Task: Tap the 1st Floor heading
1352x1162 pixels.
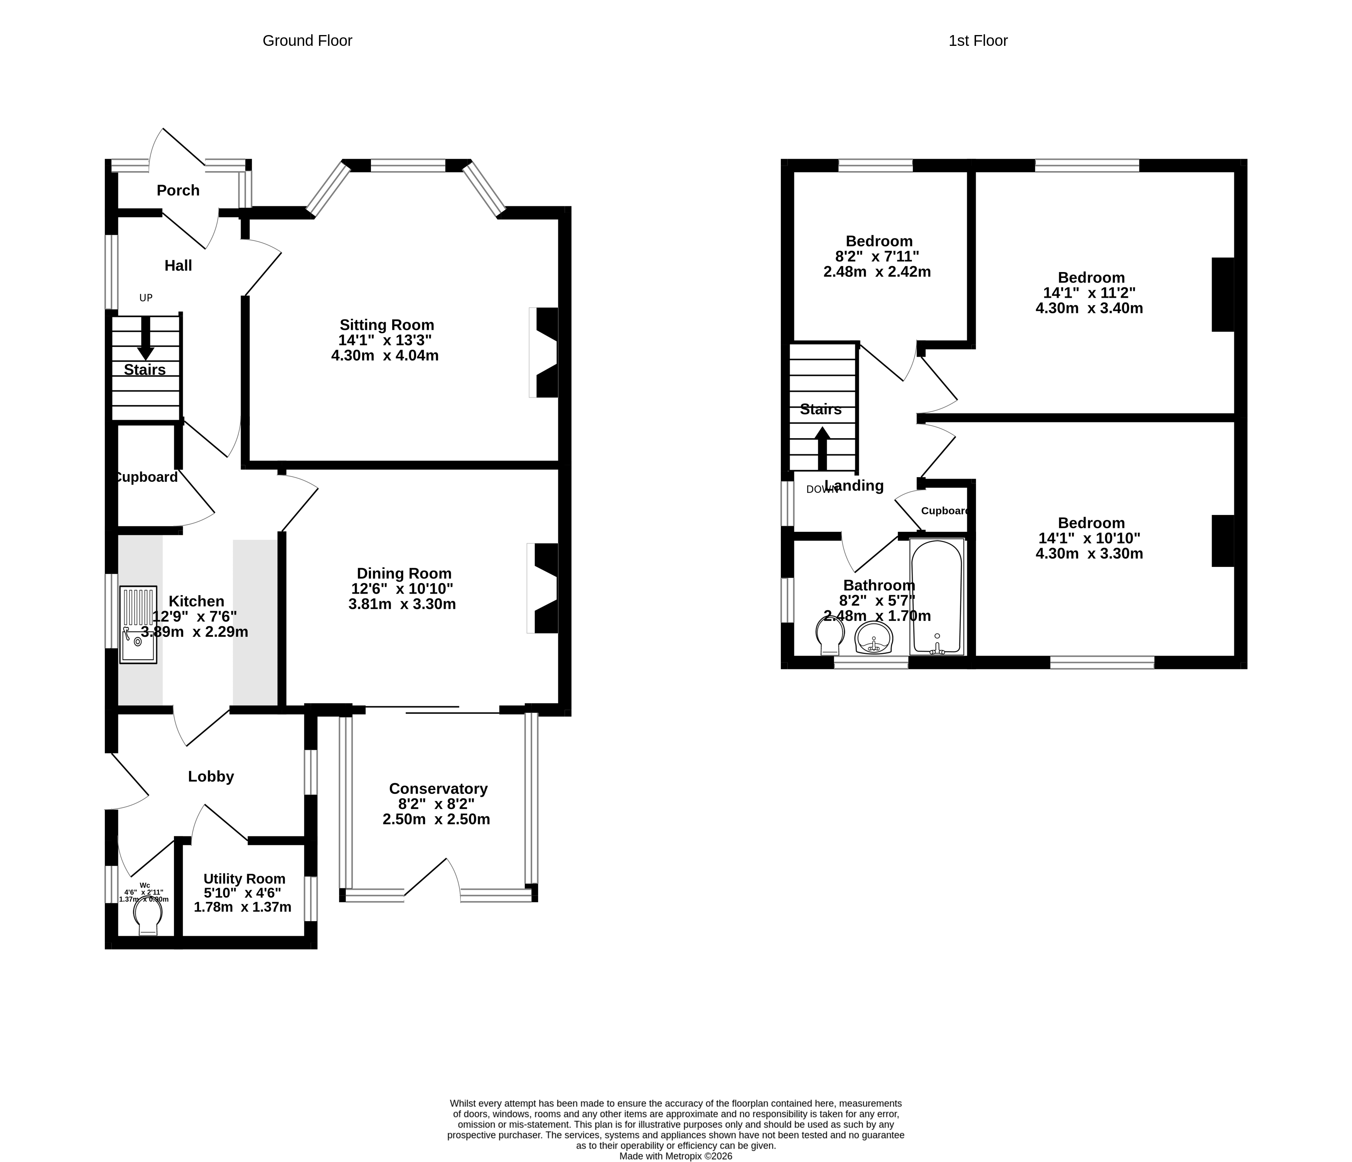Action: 978,40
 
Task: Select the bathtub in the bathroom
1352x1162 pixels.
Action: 936,597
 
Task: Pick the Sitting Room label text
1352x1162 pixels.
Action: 386,325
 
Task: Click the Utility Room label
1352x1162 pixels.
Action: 244,878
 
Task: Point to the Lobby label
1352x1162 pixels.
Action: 211,776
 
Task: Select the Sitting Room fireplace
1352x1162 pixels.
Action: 546,352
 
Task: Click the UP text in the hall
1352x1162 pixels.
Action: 145,298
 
